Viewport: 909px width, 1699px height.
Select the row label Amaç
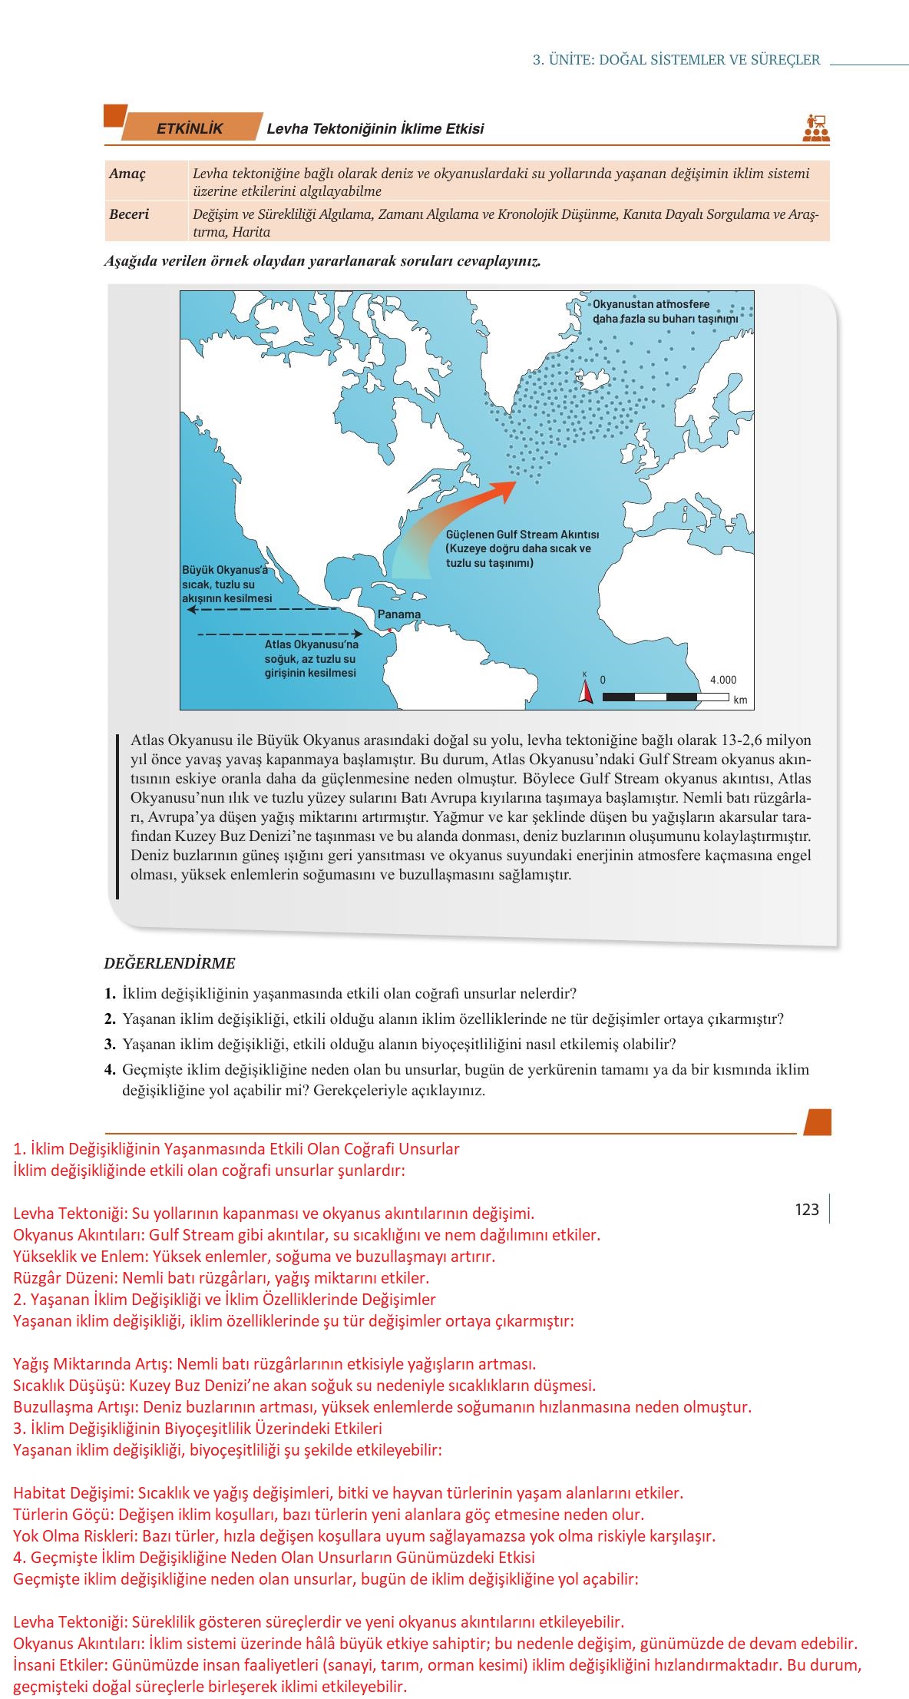(x=127, y=174)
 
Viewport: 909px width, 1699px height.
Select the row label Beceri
(x=129, y=214)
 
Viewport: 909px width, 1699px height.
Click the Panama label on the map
(x=399, y=614)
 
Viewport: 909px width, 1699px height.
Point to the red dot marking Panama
(x=390, y=631)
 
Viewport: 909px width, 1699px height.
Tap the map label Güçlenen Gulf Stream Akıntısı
(x=522, y=535)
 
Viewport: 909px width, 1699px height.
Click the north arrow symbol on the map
(x=586, y=693)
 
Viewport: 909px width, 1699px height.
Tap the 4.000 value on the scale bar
(x=722, y=680)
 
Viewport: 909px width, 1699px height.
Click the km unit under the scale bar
(x=740, y=700)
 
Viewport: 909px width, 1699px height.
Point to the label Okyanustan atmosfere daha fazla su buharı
(x=665, y=311)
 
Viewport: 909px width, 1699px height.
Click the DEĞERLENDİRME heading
(x=170, y=963)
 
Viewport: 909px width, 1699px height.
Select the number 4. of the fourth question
(x=111, y=1069)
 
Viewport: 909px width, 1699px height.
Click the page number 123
(x=807, y=1210)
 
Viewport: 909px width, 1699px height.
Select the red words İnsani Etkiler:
(x=61, y=1666)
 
